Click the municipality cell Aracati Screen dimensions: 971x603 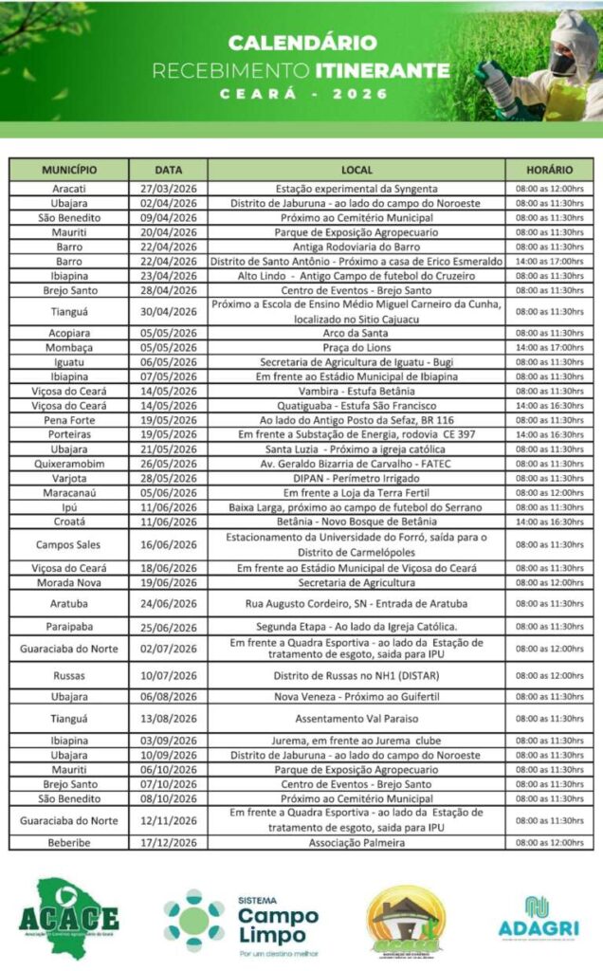[x=69, y=189]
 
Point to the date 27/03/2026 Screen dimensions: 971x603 [x=168, y=189]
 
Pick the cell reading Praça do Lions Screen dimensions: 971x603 [x=356, y=347]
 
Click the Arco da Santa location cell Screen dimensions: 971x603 [x=356, y=333]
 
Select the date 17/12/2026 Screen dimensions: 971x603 [x=168, y=842]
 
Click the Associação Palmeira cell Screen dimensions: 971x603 [x=356, y=842]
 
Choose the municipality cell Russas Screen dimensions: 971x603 [x=69, y=675]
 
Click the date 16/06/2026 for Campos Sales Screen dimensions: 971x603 [x=168, y=544]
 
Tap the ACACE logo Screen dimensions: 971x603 [x=69, y=918]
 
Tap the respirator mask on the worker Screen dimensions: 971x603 [x=563, y=64]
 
